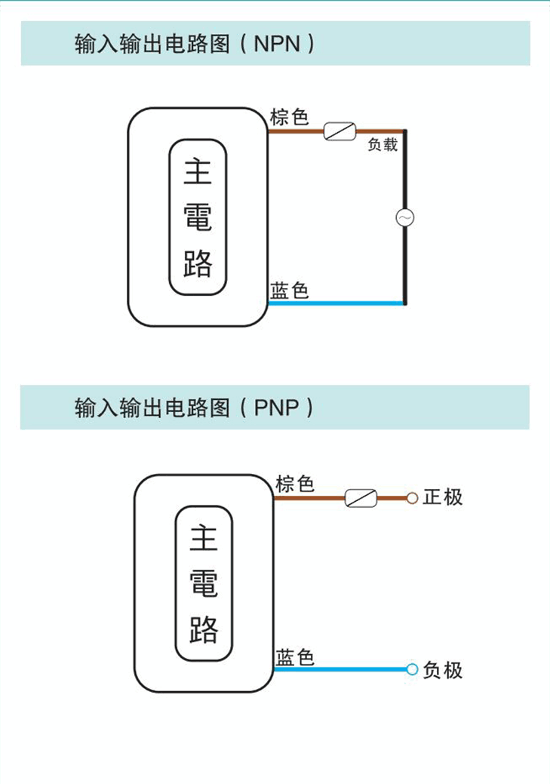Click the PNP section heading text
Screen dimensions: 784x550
[x=195, y=408]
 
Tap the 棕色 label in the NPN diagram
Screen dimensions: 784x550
[x=290, y=118]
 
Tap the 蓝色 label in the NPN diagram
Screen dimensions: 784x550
[x=290, y=291]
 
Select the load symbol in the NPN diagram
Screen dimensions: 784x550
[x=340, y=131]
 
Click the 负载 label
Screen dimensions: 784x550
[x=383, y=146]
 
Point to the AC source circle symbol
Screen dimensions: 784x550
[x=405, y=217]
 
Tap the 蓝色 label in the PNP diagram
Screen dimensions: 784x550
[x=295, y=657]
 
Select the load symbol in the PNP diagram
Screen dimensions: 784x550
[x=361, y=498]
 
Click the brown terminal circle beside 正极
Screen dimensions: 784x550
[x=412, y=498]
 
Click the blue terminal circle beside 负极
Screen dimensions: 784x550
[x=412, y=669]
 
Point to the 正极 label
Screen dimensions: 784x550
[x=443, y=497]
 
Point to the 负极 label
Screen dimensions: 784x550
[x=443, y=670]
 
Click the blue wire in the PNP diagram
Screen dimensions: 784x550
[x=340, y=669]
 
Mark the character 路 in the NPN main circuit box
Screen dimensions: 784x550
[x=198, y=264]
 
